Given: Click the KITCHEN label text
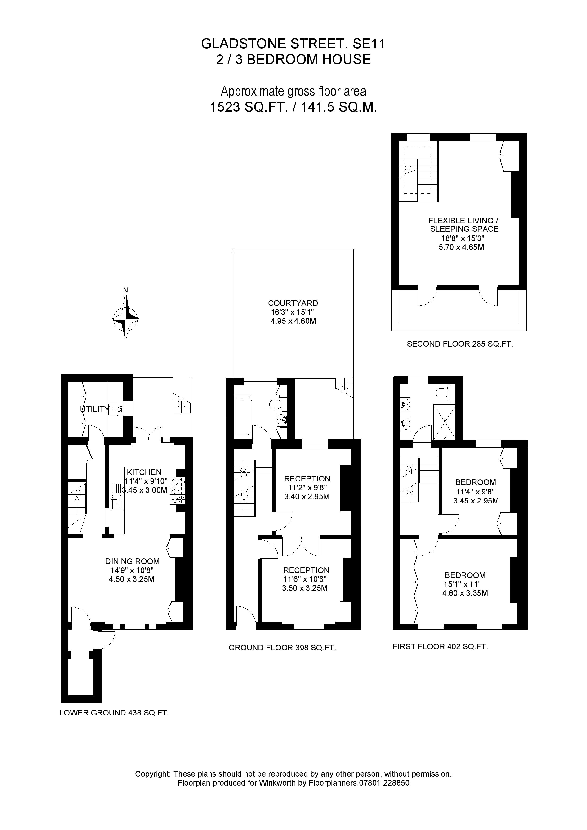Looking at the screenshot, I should point(144,472).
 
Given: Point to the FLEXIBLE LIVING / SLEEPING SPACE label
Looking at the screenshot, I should point(464,225).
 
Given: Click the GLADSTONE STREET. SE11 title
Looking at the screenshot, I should point(293,44).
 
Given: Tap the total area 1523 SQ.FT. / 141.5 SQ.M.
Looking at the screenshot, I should point(293,107).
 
